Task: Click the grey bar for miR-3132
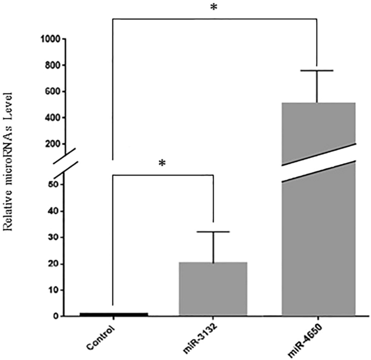pyautogui.click(x=213, y=288)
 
